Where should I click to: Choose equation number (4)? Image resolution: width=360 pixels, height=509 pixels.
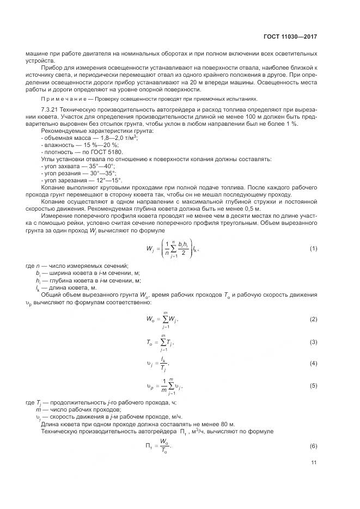click(314, 363)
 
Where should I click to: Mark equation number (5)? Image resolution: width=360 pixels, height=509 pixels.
click(314, 385)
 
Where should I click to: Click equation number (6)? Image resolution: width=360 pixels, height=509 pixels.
click(314, 446)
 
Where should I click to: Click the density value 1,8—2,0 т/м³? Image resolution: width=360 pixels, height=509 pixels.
click(117, 138)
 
